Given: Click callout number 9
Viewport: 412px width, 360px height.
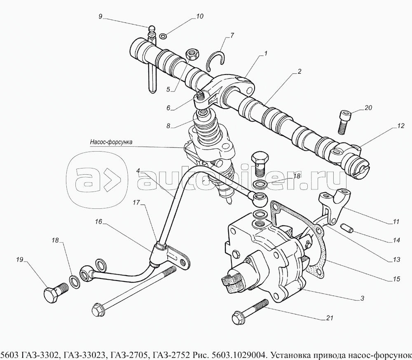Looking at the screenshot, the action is click(x=100, y=16).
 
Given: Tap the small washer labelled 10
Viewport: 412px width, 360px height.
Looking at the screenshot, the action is click(x=163, y=35).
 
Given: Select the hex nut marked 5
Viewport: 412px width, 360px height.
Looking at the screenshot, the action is click(x=192, y=54).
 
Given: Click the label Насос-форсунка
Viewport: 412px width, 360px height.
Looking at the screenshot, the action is click(x=111, y=142).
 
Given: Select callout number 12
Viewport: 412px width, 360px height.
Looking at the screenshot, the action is click(x=400, y=126).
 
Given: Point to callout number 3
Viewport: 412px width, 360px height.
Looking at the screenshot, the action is click(x=362, y=298).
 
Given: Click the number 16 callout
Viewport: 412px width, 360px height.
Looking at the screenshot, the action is click(x=98, y=222).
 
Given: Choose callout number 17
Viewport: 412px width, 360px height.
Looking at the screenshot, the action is click(x=136, y=203).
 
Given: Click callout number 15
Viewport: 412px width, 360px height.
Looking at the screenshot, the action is click(x=396, y=279).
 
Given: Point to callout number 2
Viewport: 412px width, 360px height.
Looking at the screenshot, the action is click(x=299, y=72).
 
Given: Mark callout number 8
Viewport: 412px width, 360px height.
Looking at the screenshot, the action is click(x=168, y=126).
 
